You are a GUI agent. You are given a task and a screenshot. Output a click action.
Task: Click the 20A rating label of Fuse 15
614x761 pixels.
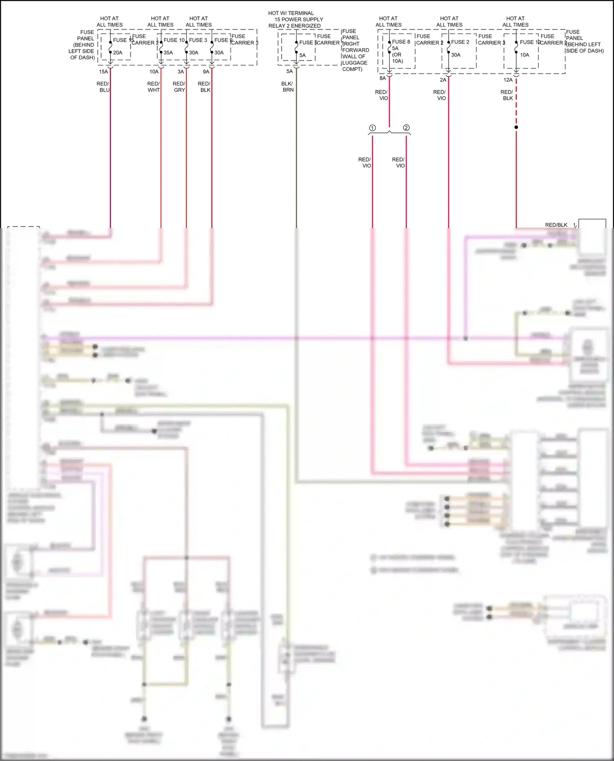[x=117, y=52]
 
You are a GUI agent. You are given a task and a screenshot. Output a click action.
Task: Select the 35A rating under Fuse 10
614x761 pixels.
[x=168, y=52]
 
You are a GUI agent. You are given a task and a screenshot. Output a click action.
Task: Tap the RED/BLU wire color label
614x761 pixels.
[x=103, y=87]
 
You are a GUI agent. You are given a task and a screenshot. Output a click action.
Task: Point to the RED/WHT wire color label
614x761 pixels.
[x=153, y=87]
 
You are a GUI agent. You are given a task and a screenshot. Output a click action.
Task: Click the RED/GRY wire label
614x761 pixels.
[x=179, y=87]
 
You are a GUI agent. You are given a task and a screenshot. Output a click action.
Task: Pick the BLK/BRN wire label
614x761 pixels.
[x=287, y=87]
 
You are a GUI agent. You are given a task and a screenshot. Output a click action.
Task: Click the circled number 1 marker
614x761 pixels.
[x=372, y=128]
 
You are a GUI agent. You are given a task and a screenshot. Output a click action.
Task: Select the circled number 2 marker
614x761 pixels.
[x=406, y=128]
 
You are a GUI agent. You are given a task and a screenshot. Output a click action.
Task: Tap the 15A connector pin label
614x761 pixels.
[x=104, y=72]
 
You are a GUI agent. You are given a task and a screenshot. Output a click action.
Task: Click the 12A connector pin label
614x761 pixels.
[x=508, y=80]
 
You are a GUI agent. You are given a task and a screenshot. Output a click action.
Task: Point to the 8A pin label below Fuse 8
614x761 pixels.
[x=382, y=78]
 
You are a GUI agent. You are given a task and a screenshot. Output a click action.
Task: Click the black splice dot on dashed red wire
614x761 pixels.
[x=516, y=127]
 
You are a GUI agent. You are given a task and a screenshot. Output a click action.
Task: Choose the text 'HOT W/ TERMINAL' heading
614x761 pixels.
[x=291, y=13]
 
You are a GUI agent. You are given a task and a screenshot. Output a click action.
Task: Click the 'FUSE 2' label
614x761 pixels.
[x=460, y=42]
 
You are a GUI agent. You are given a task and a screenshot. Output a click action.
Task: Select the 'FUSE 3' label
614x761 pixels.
[x=198, y=40]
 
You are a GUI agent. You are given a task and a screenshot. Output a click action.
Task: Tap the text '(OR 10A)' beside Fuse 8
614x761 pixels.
[x=397, y=58]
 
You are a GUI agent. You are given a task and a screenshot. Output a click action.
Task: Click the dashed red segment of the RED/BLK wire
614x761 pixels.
[x=516, y=102]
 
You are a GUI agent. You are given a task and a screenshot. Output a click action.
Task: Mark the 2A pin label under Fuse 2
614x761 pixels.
[x=443, y=80]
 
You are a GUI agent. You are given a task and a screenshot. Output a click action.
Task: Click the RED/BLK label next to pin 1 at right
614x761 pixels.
[x=556, y=225]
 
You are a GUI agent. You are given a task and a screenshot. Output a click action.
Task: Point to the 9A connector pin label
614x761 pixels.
[x=206, y=72]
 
